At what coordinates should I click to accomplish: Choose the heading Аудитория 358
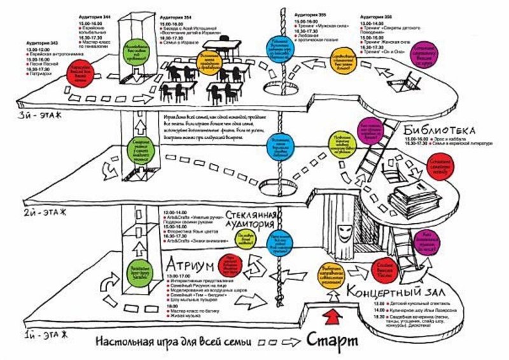376,13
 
